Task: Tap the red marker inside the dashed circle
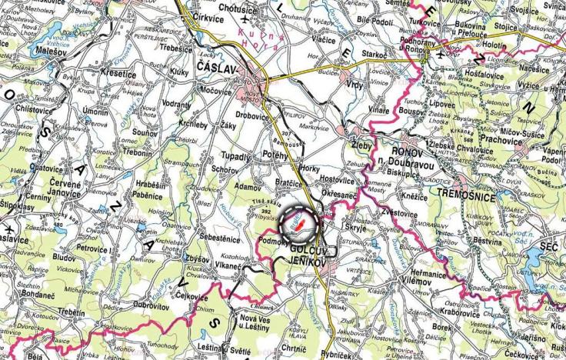[300, 224]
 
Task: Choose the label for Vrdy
[355, 84]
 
